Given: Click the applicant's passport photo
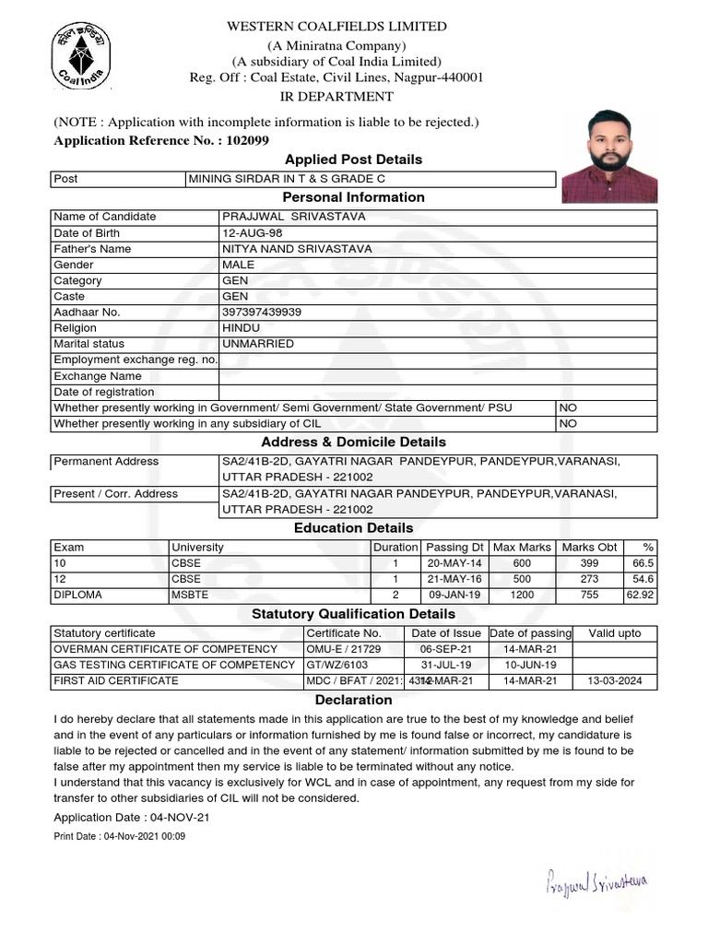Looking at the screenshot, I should (609, 158).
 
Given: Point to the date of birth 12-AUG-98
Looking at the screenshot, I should (253, 232).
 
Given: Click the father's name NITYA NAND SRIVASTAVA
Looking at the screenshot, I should (297, 249).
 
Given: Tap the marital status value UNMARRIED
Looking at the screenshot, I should (258, 344).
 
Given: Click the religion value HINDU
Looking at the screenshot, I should (242, 328).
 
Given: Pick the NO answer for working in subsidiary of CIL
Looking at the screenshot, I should (568, 423).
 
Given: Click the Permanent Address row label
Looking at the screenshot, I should (106, 461).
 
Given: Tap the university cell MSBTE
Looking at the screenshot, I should (190, 595).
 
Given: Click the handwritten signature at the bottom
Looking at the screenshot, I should (596, 883).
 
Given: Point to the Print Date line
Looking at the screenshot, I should (120, 836).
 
